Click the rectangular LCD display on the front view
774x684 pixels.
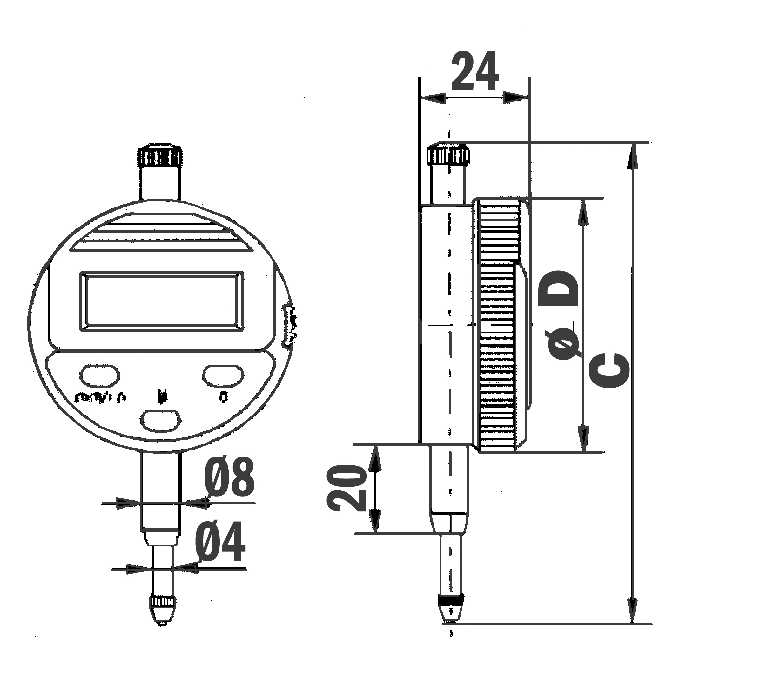click(x=161, y=301)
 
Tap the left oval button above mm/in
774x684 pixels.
click(x=100, y=375)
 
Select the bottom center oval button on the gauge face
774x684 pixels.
click(x=161, y=420)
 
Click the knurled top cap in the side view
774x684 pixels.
click(x=449, y=153)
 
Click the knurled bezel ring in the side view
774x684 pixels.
click(x=498, y=326)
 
